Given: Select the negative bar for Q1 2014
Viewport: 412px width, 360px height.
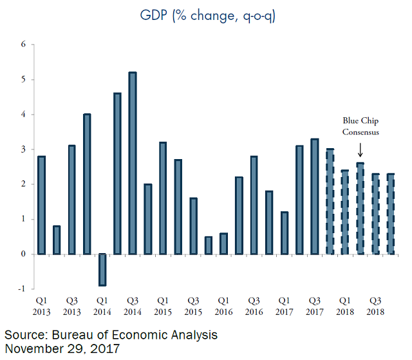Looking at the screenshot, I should [102, 269].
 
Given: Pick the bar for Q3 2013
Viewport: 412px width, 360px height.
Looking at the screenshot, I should [72, 200].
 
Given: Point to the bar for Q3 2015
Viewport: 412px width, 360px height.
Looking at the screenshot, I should [193, 226].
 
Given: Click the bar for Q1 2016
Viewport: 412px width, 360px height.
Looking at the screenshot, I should [223, 243].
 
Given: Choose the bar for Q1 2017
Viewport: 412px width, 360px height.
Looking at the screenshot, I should [284, 232].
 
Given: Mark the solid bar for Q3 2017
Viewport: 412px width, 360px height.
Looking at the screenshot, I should [314, 196].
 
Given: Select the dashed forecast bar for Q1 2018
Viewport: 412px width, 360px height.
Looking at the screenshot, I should [344, 212].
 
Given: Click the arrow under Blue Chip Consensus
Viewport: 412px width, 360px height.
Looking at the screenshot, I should [360, 151].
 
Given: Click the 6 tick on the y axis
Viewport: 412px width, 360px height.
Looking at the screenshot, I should [23, 44].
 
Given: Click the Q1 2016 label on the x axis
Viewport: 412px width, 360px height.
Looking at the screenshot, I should [223, 306].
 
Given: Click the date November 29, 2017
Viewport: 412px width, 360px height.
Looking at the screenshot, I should [62, 349].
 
